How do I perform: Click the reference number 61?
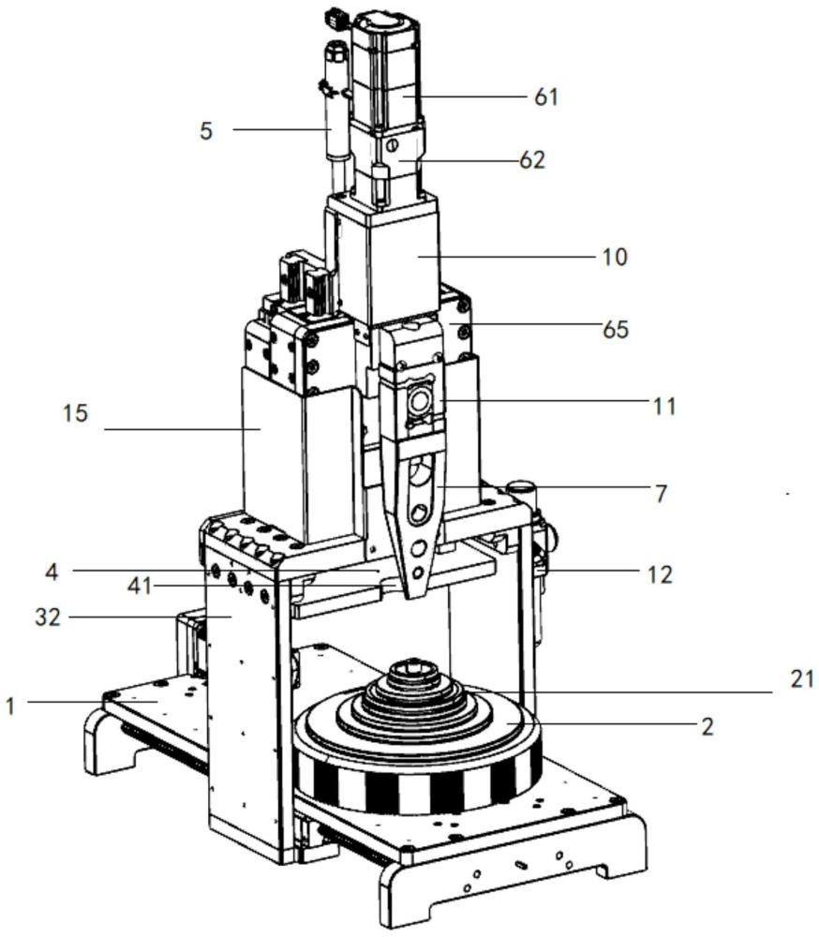click(x=545, y=97)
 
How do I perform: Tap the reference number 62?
click(x=532, y=160)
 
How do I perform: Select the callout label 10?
click(x=615, y=257)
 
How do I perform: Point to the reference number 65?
click(x=615, y=329)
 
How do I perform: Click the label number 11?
click(x=663, y=407)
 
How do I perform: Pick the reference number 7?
click(x=661, y=494)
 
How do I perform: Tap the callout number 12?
click(x=660, y=574)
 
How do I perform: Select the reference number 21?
click(x=801, y=679)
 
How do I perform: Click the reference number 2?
click(x=707, y=727)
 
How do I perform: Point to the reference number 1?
click(x=9, y=706)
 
